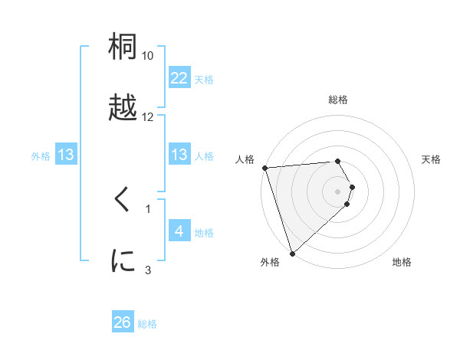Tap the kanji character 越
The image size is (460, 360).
[123, 107]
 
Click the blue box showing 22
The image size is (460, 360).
[179, 78]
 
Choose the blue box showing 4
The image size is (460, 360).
[179, 231]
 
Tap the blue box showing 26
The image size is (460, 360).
[123, 322]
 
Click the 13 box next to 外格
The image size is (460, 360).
[66, 155]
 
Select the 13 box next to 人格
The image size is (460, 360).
[179, 155]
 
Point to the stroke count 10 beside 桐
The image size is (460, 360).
[148, 56]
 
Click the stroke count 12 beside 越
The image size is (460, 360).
[148, 117]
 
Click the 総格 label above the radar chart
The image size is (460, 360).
[338, 100]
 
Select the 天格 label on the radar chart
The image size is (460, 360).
[432, 159]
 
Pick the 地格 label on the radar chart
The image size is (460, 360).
[402, 262]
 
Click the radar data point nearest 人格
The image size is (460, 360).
[264, 168]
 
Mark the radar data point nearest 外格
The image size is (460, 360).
[292, 253]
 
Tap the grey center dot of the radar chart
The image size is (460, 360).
[338, 191]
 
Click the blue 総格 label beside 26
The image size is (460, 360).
[147, 324]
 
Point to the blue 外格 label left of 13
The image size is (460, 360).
[41, 156]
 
